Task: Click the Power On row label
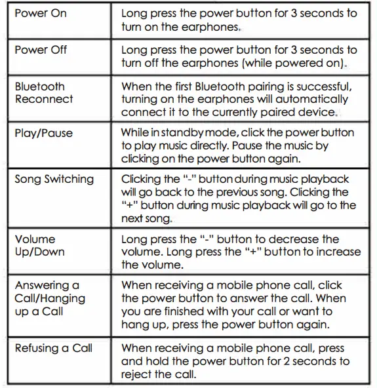[x=41, y=14]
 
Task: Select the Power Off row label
[x=41, y=50]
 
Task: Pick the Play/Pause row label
[x=43, y=133]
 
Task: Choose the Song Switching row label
[x=54, y=179]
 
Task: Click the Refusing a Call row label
[x=54, y=348]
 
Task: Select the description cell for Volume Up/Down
[x=241, y=252]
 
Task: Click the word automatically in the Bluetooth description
[x=312, y=100]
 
